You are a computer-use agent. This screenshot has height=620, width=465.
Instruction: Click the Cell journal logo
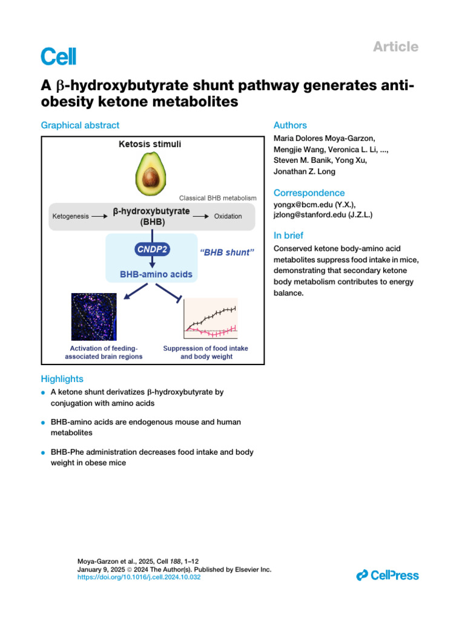59,56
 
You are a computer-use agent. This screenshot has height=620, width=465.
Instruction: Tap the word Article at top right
396,47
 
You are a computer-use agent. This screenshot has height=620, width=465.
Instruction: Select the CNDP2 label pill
153,248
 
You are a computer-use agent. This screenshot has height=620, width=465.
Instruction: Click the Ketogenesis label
70,216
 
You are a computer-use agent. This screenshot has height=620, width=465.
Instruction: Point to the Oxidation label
228,216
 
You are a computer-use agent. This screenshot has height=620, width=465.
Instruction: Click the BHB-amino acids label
157,274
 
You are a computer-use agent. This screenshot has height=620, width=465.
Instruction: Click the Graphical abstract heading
80,125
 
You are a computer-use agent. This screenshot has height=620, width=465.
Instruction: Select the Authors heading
290,125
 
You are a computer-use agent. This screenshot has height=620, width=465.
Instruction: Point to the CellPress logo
387,575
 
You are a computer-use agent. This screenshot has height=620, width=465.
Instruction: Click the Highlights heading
62,378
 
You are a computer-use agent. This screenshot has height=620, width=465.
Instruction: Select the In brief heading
289,236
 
